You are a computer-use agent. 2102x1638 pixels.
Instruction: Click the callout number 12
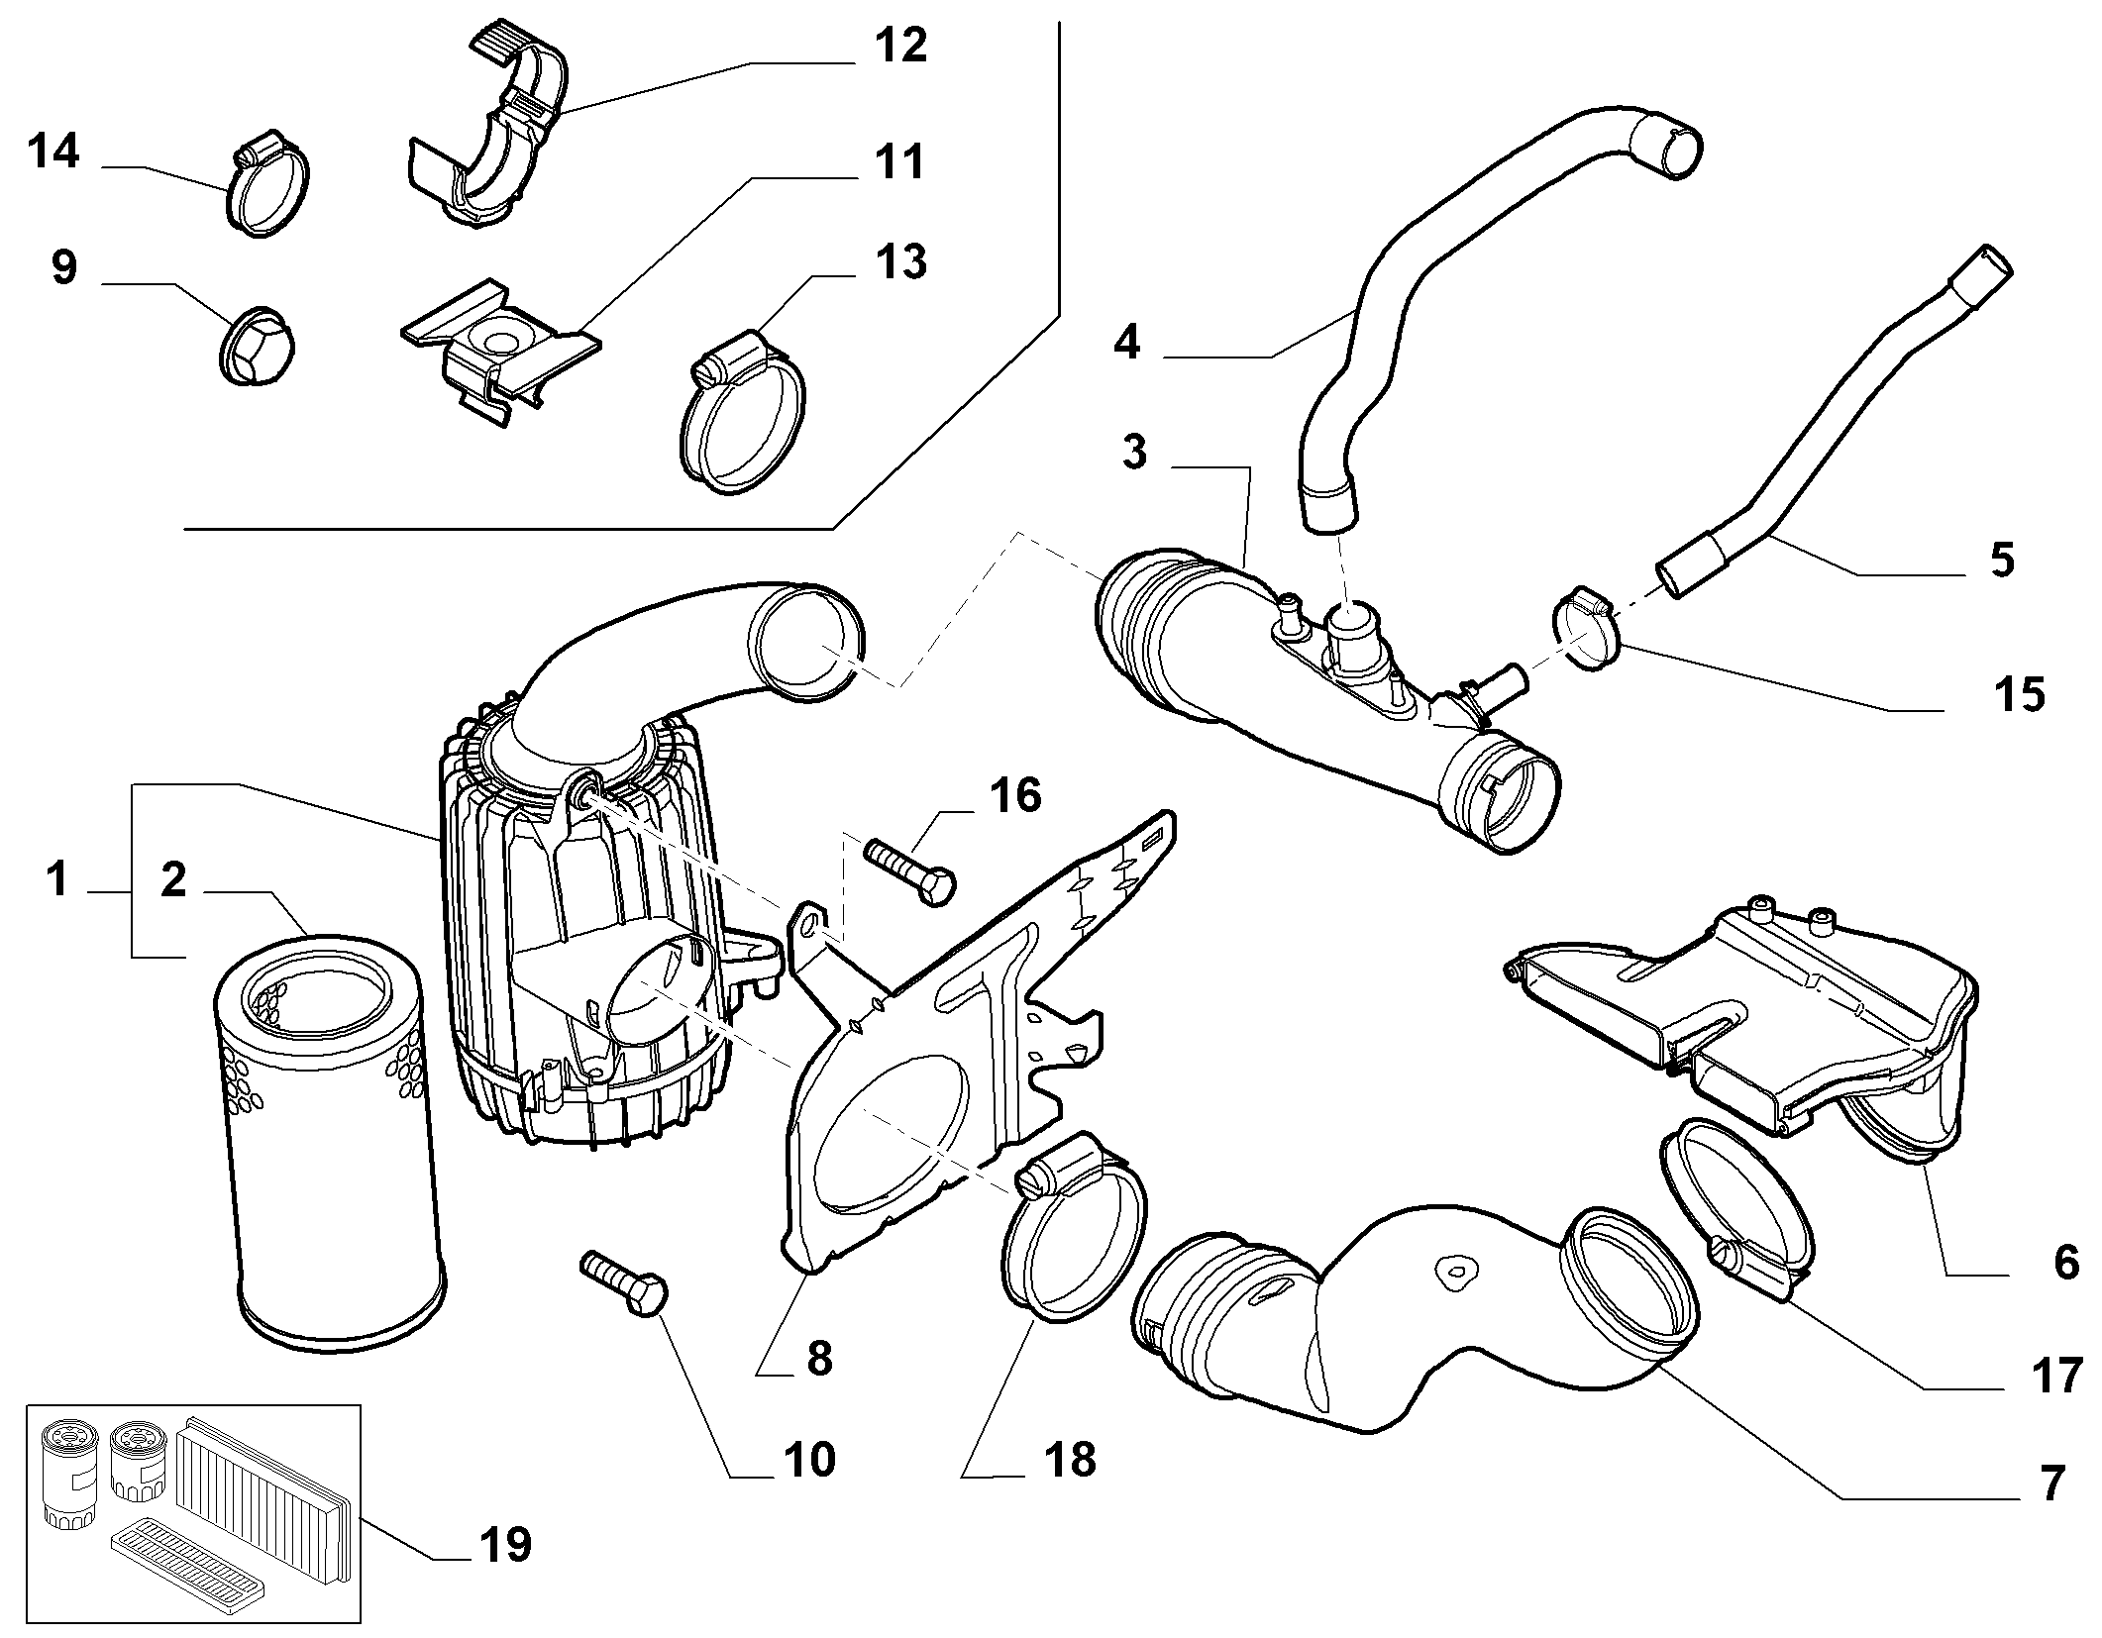(x=900, y=46)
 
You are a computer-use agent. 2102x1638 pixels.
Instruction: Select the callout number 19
(x=505, y=1544)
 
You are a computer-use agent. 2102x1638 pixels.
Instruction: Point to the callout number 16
(x=1015, y=795)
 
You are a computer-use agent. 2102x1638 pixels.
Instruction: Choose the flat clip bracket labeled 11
(x=500, y=347)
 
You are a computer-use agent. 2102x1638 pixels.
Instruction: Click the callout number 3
(x=1135, y=452)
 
